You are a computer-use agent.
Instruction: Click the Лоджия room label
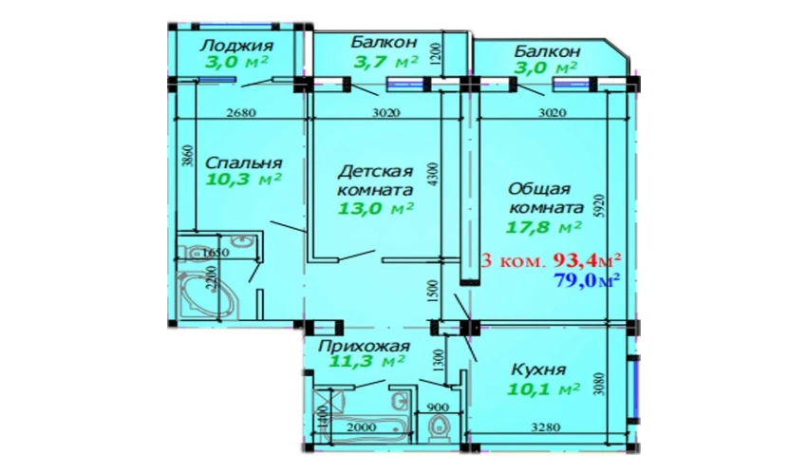coord(236,46)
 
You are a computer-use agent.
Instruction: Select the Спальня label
coord(243,163)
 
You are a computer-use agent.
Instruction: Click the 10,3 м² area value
coord(243,180)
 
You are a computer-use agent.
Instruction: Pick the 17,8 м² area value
coord(544,226)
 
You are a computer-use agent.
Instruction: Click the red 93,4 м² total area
coord(587,261)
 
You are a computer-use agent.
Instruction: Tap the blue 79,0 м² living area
coord(586,281)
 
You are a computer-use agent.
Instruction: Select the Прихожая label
coord(364,346)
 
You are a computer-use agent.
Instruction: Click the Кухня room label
coord(537,369)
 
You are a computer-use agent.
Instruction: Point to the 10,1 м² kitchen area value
coord(543,389)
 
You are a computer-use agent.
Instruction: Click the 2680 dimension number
coord(241,113)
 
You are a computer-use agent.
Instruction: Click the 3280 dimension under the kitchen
coord(546,427)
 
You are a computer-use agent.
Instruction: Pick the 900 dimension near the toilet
coord(438,408)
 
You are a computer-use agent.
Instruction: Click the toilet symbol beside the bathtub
coord(438,427)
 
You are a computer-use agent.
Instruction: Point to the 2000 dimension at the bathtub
coord(361,427)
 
